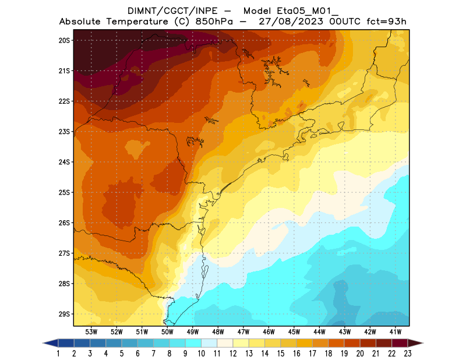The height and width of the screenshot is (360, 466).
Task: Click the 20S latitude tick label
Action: click(64, 40)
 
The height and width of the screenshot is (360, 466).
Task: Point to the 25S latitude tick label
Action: click(64, 192)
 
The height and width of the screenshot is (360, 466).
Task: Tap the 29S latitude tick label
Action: click(64, 314)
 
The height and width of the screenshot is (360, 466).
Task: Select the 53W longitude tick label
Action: click(91, 331)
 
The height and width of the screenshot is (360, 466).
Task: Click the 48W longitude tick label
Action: click(218, 331)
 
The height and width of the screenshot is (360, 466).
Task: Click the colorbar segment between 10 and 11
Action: click(210, 343)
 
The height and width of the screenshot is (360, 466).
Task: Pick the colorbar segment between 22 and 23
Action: click(400, 343)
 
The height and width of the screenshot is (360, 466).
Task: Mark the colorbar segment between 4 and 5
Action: click(114, 343)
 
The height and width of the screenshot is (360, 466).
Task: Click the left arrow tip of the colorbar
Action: click(44, 343)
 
